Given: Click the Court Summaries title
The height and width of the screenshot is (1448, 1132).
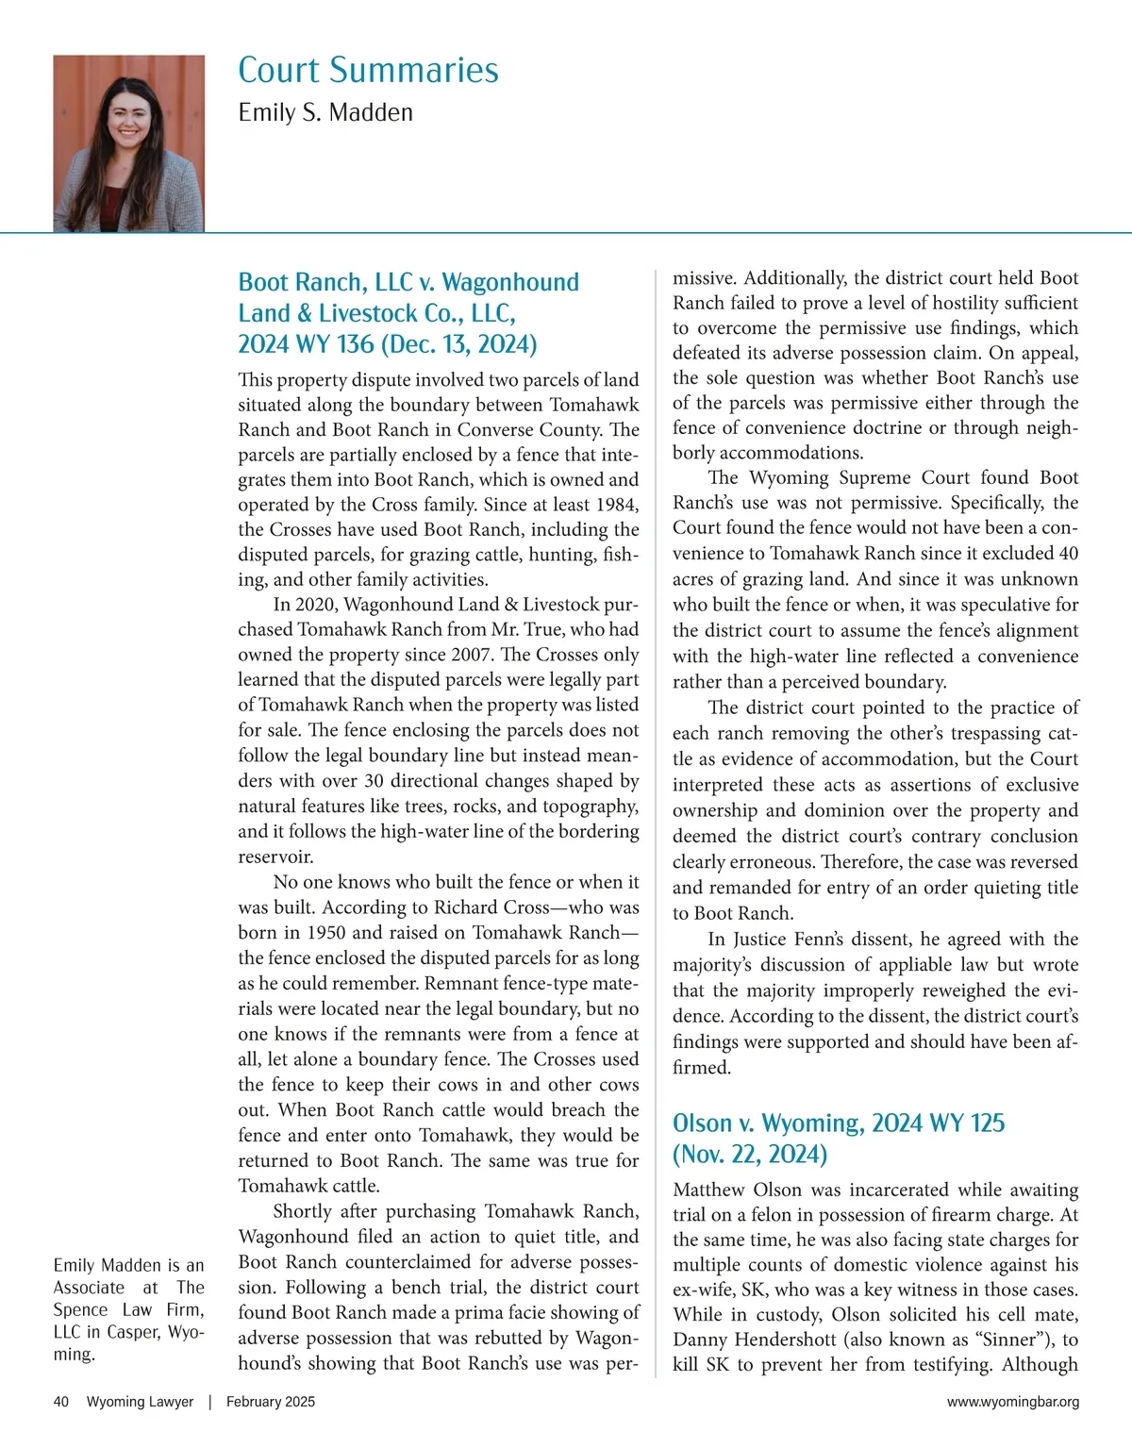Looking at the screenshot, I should pos(368,70).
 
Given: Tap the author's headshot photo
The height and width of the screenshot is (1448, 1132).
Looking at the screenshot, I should pos(128,143).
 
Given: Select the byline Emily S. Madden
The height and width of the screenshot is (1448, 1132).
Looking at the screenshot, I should pos(325,112).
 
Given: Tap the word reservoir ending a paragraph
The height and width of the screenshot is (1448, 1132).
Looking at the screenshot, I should pos(275,857).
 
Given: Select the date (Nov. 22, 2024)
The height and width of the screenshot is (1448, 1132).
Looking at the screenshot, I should pos(750,1155).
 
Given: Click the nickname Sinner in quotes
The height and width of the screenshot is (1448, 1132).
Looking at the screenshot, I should pos(1009,1340).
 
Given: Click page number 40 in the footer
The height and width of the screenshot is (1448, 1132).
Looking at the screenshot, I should pos(61,1402).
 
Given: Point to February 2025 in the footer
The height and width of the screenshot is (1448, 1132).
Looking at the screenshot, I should pos(271,1402).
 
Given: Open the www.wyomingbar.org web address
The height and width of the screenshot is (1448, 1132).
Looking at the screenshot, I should pos(1013,1402).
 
